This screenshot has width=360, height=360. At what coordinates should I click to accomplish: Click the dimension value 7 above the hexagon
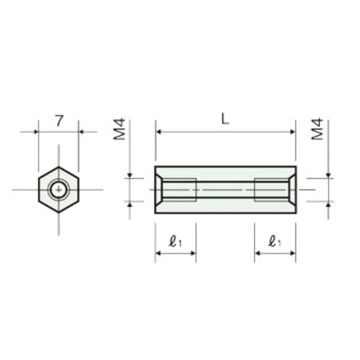(59, 121)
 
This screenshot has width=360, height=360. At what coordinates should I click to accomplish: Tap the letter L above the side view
(225, 119)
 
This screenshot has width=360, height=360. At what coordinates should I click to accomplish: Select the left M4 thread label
(119, 129)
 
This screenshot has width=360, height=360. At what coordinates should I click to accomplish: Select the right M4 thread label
(317, 129)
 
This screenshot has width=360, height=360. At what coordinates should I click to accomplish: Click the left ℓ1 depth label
(175, 242)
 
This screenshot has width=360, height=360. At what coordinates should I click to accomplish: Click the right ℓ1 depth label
(275, 242)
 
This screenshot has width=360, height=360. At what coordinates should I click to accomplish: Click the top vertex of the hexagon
(59, 167)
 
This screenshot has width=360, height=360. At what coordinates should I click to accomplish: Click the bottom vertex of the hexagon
(59, 212)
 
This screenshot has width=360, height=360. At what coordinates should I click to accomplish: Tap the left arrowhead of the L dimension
(158, 132)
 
